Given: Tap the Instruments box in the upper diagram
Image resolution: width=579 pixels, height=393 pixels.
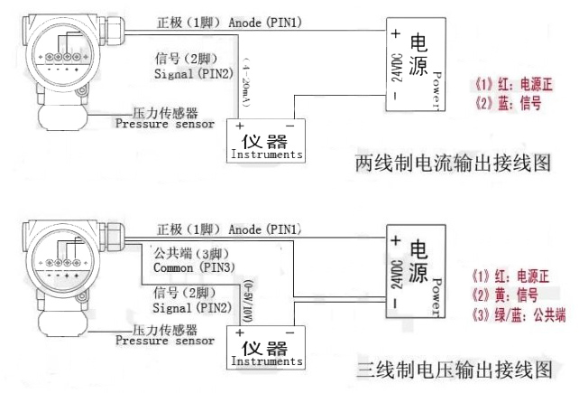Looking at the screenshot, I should tap(266, 141).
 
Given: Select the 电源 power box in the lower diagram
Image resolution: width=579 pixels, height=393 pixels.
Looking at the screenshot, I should tap(412, 272).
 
